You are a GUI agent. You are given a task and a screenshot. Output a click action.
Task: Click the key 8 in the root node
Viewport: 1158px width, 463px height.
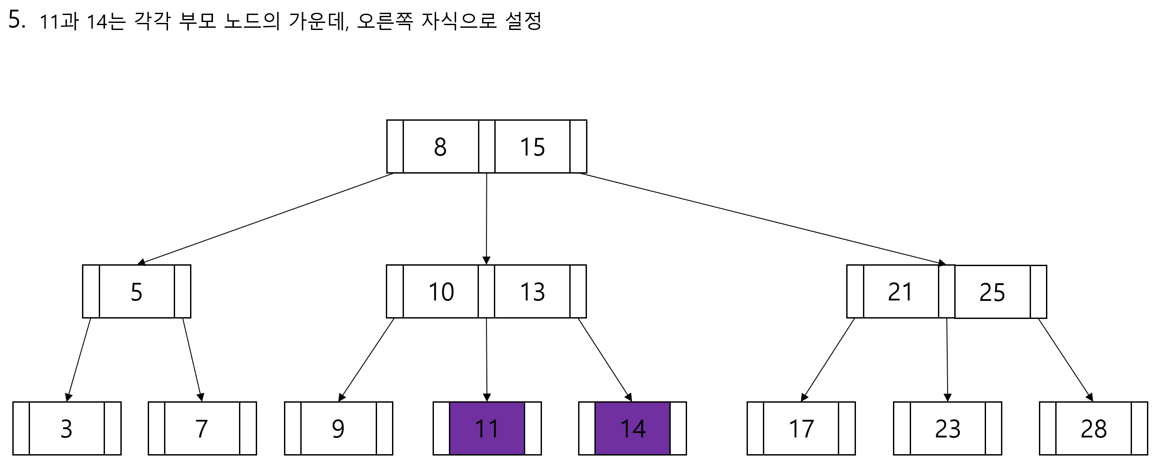point(440,147)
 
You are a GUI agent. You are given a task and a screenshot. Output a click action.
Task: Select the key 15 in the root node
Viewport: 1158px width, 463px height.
point(532,147)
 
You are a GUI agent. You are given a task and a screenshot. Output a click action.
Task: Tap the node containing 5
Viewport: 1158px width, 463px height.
point(136,292)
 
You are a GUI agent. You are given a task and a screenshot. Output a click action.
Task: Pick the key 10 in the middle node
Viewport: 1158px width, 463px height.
point(441,292)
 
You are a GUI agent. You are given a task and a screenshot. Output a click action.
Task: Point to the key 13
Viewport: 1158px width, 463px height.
point(532,292)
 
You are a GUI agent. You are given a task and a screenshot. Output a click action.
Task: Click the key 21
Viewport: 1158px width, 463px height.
point(900,292)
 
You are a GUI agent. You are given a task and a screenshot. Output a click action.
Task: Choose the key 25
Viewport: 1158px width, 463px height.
point(992,293)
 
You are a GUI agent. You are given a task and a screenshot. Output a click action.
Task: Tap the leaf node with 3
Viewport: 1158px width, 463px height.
point(67,429)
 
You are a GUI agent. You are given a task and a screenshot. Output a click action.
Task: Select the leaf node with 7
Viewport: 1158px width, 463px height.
point(202,429)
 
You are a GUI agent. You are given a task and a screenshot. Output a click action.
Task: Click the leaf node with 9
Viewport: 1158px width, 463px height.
point(338,429)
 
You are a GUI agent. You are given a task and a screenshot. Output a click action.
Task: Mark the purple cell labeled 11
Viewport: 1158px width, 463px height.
point(487,429)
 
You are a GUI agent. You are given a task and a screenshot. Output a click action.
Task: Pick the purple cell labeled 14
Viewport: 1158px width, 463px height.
point(632,429)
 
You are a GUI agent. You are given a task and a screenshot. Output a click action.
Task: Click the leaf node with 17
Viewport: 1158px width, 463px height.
point(801,429)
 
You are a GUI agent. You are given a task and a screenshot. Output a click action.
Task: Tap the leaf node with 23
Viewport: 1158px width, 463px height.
point(948,429)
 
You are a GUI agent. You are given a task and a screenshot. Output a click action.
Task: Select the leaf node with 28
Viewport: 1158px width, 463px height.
point(1094,429)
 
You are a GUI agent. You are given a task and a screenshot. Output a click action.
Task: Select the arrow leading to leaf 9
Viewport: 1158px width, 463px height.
point(366,360)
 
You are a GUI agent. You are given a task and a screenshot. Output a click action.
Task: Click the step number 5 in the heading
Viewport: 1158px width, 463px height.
point(16,20)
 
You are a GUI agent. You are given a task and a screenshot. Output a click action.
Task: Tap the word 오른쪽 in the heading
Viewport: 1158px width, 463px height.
point(385,21)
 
